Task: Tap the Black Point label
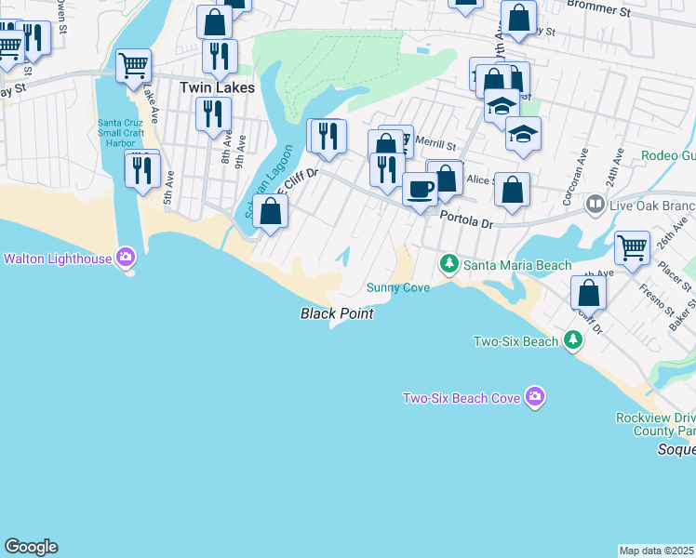(337, 314)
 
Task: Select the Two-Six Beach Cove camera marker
(534, 397)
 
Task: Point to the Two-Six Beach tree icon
(574, 341)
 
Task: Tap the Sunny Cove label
(398, 288)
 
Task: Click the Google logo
(31, 547)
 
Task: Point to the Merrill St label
(435, 145)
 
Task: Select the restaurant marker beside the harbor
(141, 170)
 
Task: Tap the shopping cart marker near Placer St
(633, 248)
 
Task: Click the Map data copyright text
(657, 551)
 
